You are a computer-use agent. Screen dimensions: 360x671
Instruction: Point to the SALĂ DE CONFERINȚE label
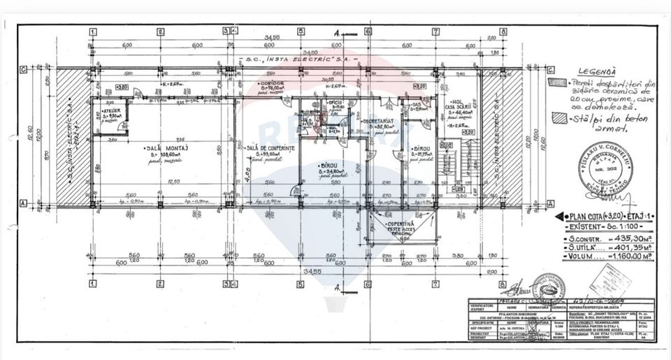point(269,150)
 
